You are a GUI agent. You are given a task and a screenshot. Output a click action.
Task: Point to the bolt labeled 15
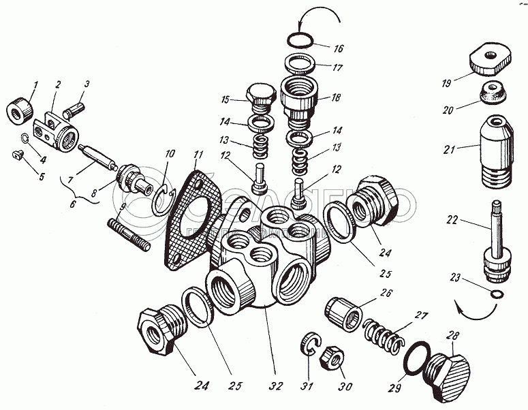[260, 100]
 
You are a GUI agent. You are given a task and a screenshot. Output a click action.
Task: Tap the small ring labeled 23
[497, 294]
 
